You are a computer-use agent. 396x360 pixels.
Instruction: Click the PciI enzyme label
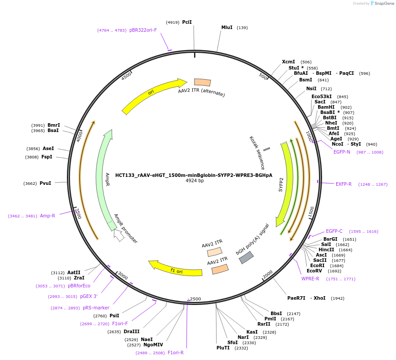[187, 22]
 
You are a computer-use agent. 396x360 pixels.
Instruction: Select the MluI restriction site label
[227, 27]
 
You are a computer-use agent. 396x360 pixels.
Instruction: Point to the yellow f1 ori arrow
[176, 268]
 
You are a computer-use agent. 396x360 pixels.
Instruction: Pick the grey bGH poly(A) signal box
[246, 257]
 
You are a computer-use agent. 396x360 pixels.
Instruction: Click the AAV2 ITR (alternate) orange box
[202, 82]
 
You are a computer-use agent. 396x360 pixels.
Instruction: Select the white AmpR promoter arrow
[118, 235]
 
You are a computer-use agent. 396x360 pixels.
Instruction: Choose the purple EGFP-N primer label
[342, 152]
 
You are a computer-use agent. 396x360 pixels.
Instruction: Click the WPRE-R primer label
[310, 279]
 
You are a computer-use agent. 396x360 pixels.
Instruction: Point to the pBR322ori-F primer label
[143, 30]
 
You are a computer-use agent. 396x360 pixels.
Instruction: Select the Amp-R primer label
[48, 216]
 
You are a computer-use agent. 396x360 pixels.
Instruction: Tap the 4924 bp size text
[194, 181]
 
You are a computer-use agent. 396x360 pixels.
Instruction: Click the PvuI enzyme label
[45, 183]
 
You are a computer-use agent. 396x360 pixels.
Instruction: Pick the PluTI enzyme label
[223, 348]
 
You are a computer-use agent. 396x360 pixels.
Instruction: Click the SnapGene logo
[382, 4]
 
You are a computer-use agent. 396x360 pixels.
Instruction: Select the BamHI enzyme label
[326, 107]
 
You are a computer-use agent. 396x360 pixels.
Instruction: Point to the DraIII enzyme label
[131, 331]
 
